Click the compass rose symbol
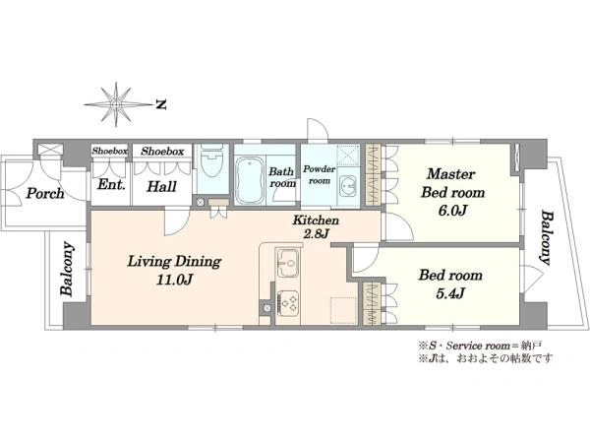(117, 104)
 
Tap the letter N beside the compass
(161, 104)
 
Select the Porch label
(45, 194)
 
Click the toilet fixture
(212, 160)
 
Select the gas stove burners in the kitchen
(288, 303)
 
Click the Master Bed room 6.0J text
(452, 193)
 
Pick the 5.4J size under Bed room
(450, 293)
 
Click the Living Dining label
(174, 262)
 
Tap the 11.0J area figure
(175, 280)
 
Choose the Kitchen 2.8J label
(316, 226)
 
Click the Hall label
(162, 186)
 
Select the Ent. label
(111, 185)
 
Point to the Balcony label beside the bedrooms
(547, 238)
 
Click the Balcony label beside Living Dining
(67, 268)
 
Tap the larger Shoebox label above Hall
(162, 152)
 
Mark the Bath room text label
(282, 177)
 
